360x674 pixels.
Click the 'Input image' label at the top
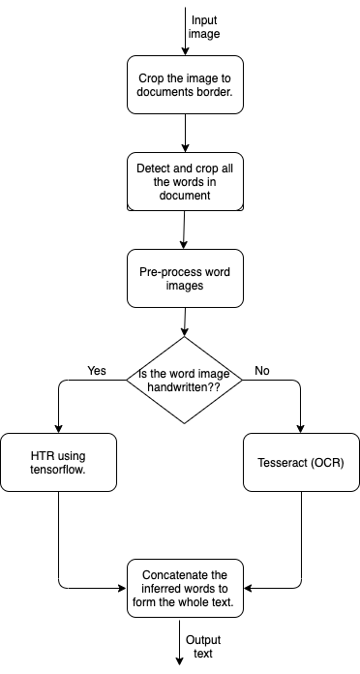(204, 26)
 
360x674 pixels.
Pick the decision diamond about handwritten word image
(184, 380)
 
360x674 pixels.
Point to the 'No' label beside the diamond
(261, 371)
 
